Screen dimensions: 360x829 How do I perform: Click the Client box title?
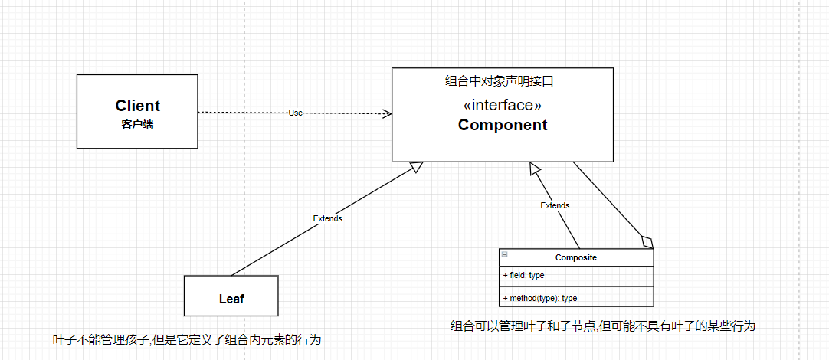tap(138, 106)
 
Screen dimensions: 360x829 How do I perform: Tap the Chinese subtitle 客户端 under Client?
tap(137, 123)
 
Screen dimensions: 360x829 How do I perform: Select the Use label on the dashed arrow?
tap(296, 113)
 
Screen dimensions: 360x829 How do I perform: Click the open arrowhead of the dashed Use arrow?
tap(388, 113)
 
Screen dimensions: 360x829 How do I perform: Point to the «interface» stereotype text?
tap(503, 105)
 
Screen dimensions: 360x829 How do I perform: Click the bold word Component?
tap(503, 125)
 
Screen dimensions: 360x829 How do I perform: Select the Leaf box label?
tap(231, 299)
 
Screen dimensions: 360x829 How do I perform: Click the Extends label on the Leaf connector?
tap(327, 218)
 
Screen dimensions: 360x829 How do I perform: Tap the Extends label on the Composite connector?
tap(555, 205)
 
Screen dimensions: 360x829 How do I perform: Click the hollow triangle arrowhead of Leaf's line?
tap(416, 166)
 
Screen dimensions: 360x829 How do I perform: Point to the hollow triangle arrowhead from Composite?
tap(535, 167)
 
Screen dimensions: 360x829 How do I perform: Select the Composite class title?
tap(576, 257)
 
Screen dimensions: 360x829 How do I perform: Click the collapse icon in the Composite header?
tap(504, 254)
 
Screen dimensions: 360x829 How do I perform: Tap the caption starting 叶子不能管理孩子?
tap(186, 339)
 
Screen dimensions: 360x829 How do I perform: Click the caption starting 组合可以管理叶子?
tap(603, 326)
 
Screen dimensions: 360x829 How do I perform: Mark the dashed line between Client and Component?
tap(245, 113)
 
